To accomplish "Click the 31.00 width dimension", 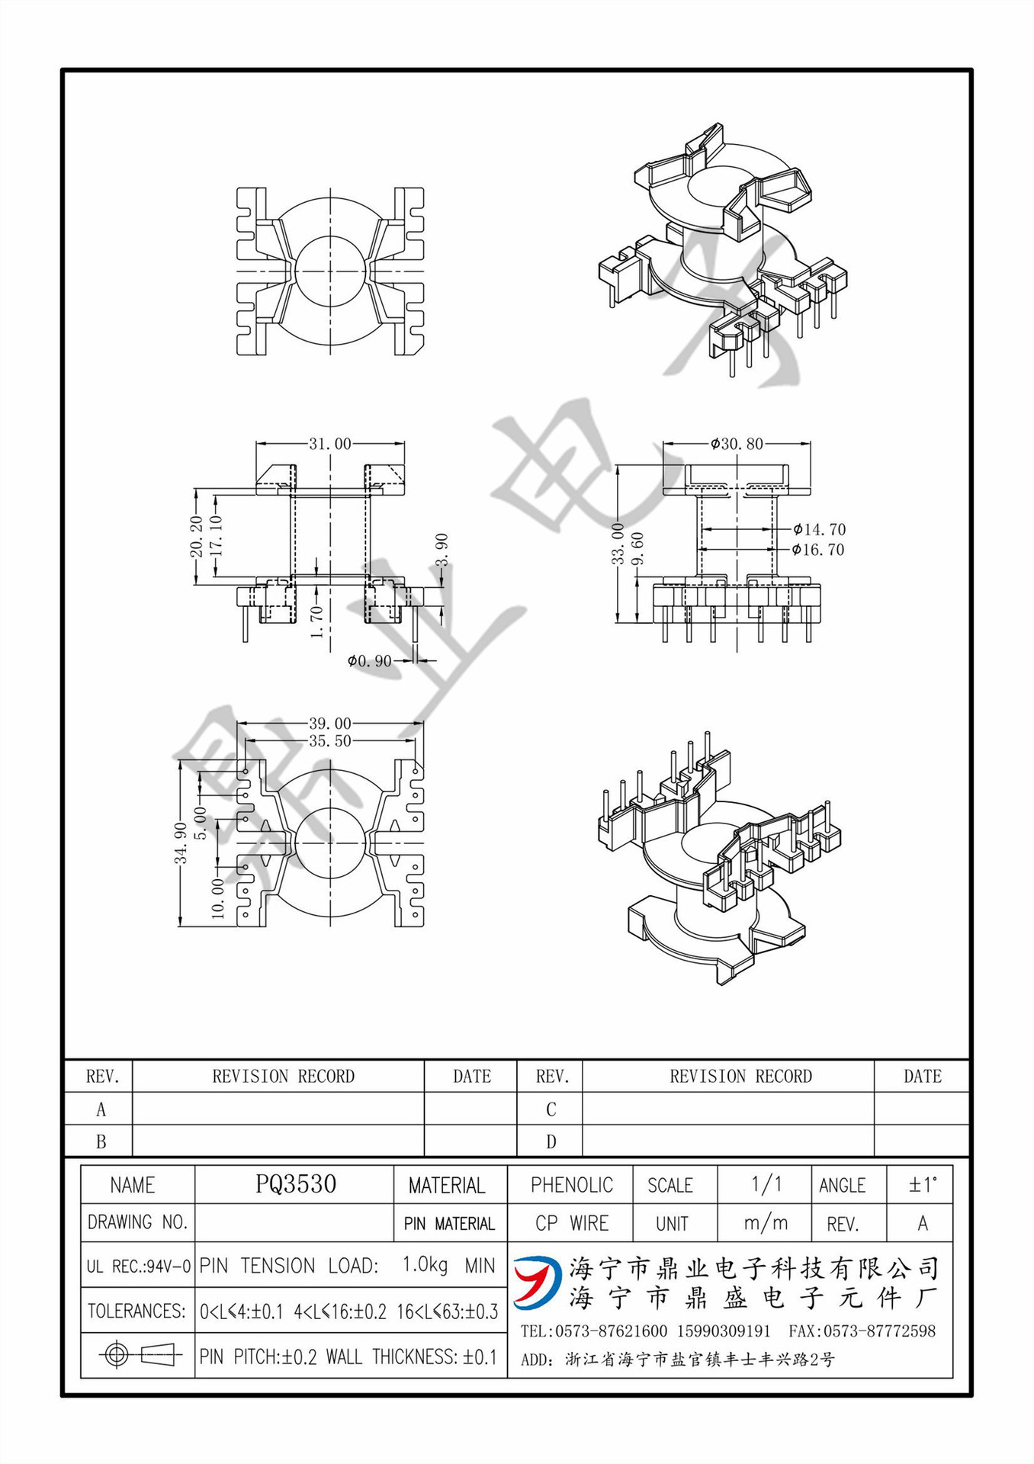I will tap(329, 443).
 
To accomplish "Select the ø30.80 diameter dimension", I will tap(736, 443).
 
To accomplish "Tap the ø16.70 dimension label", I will tap(818, 550).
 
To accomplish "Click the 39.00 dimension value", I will tap(329, 723).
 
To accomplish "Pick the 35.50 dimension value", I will tap(329, 741).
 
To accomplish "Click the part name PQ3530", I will tap(295, 1184).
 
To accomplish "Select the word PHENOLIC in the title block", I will tap(571, 1185).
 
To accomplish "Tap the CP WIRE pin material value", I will tap(571, 1223).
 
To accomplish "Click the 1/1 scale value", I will tap(766, 1184).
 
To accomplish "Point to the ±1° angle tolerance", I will tap(922, 1185).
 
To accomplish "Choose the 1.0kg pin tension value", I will tap(425, 1265).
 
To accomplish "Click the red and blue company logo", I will tap(538, 1282).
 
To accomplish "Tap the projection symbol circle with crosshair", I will tap(117, 1355).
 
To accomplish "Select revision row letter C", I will tap(551, 1109).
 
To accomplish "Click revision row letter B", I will tap(101, 1142).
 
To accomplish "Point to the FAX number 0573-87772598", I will tap(862, 1331).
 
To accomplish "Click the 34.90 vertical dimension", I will tap(181, 843).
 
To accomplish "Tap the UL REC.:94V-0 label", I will tap(138, 1267).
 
